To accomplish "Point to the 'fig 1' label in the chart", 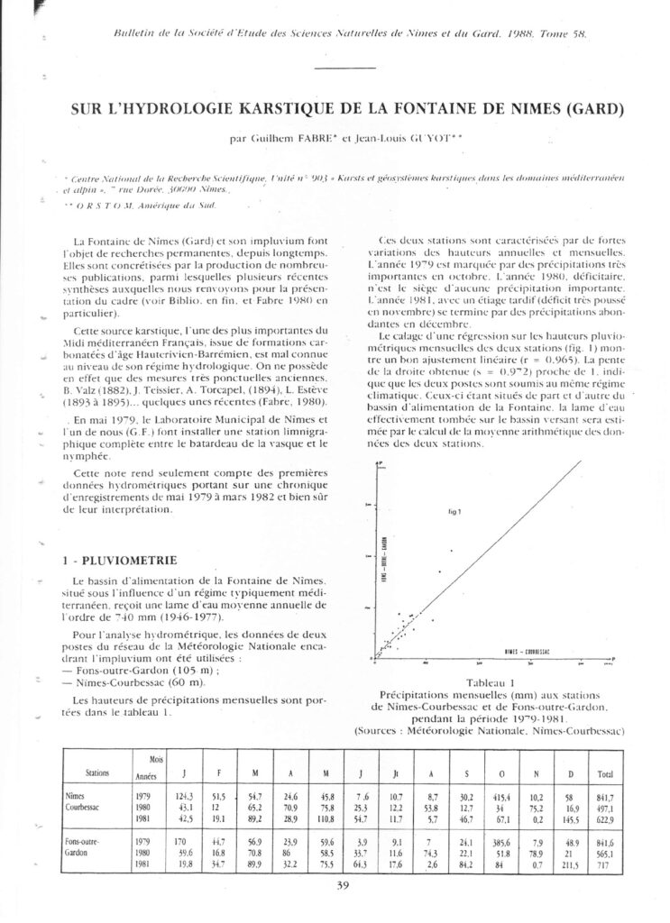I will pos(454,511).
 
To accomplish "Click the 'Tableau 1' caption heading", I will pos(487,682).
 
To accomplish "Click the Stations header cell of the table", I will pos(97,772).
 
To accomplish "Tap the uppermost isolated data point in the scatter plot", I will pos(452,550).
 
